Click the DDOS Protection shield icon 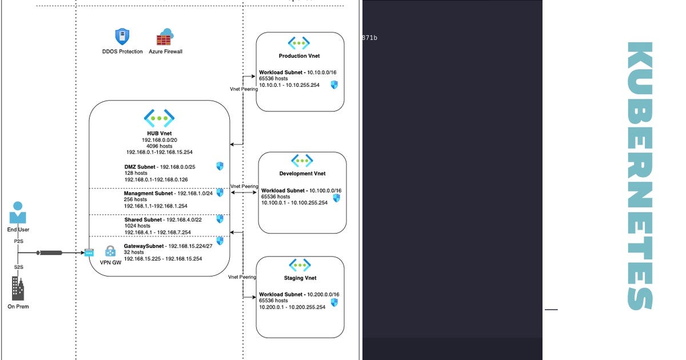click(x=122, y=37)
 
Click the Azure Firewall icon click(x=165, y=37)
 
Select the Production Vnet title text click(x=299, y=56)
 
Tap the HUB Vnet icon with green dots click(x=159, y=118)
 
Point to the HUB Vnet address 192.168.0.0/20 click(x=159, y=140)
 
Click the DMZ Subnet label click(x=139, y=167)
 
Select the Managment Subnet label click(x=148, y=193)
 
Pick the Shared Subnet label click(x=143, y=220)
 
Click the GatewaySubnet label click(x=143, y=246)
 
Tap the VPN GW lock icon click(x=110, y=251)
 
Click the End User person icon click(x=18, y=213)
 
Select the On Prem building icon click(x=18, y=289)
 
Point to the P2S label click(x=19, y=241)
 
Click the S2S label click(x=19, y=267)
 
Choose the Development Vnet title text click(x=302, y=174)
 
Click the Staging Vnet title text click(x=300, y=278)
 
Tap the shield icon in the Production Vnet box click(x=334, y=85)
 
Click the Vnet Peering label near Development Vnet click(x=244, y=186)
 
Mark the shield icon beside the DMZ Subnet click(x=220, y=166)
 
